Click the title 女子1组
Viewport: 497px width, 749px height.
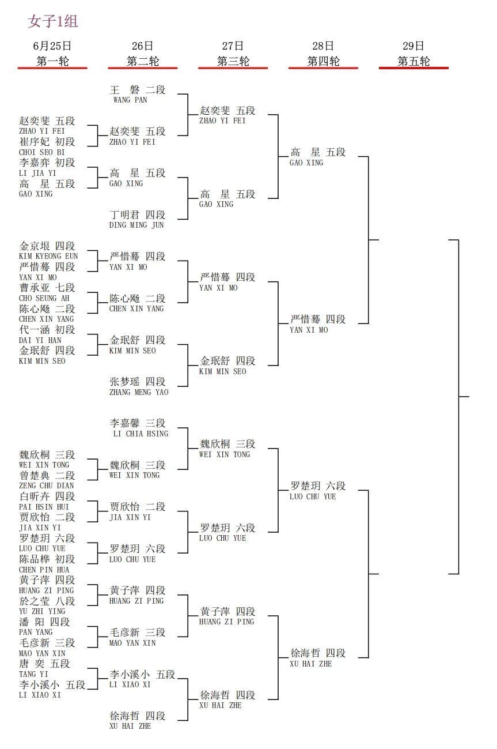click(x=53, y=21)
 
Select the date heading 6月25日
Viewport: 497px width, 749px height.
click(x=52, y=46)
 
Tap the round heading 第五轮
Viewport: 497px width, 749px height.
click(x=413, y=61)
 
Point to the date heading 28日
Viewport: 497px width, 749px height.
click(x=323, y=46)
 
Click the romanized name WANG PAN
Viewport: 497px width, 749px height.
click(x=130, y=100)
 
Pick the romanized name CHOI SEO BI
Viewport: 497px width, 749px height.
click(x=41, y=152)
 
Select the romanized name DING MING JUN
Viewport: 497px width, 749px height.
click(x=136, y=225)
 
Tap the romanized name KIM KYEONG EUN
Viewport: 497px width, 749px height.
click(x=48, y=256)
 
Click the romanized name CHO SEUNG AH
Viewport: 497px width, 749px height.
click(x=44, y=298)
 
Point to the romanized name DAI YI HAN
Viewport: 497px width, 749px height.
click(x=40, y=340)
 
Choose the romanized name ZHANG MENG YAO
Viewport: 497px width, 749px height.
click(x=139, y=392)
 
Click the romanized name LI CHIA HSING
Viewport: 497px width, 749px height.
click(x=141, y=434)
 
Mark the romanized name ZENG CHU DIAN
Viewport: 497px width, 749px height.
click(x=47, y=485)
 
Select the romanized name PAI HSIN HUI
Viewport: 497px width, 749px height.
click(x=44, y=507)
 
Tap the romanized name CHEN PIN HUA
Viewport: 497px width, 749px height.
click(x=44, y=570)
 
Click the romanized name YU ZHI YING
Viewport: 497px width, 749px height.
click(x=42, y=611)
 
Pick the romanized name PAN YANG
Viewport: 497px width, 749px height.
click(x=36, y=632)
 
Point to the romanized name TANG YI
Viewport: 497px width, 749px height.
click(x=33, y=674)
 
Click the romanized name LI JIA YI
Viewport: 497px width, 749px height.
click(x=37, y=173)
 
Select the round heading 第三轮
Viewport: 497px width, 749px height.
click(x=233, y=61)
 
